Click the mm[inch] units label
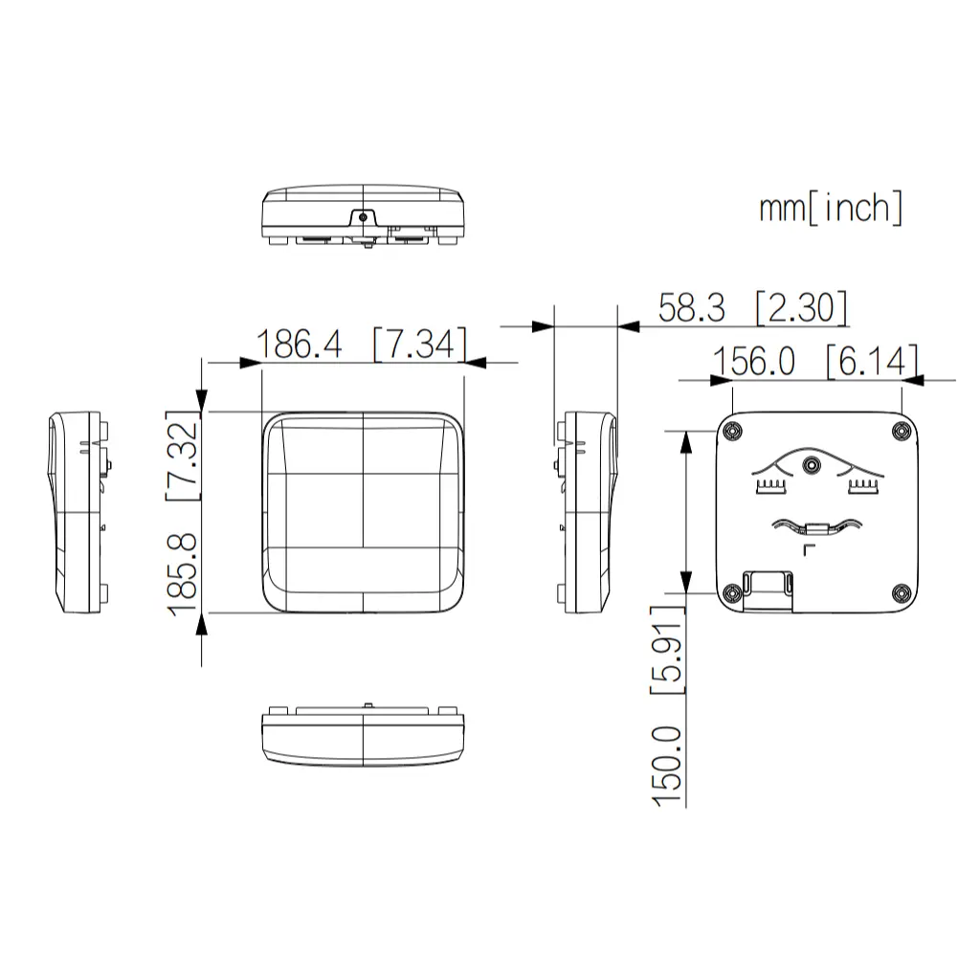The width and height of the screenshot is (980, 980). point(831,208)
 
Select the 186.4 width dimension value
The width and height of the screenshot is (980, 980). point(300,345)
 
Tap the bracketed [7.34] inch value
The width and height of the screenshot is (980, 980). point(419,345)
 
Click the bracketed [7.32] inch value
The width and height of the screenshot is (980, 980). point(184,456)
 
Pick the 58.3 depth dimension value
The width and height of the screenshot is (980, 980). point(691,308)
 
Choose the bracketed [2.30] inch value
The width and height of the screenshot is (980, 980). point(800,308)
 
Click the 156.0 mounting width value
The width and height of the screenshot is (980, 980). point(754,361)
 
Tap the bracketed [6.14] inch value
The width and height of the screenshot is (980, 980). point(871,361)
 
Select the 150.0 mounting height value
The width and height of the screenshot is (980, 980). point(670,765)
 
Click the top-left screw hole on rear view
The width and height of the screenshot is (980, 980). point(733,432)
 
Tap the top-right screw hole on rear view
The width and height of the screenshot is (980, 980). point(900,432)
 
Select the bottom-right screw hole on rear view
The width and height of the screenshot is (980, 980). point(900,593)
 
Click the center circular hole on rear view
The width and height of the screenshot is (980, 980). point(813,465)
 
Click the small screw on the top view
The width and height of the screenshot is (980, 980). point(363,217)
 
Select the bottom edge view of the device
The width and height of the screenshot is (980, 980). point(363,734)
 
